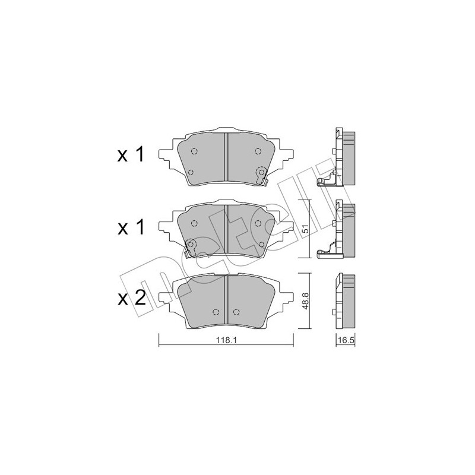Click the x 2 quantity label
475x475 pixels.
[131, 298]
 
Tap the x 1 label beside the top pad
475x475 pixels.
[131, 156]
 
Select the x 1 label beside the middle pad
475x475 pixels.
[131, 227]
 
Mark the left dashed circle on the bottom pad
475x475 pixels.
[216, 312]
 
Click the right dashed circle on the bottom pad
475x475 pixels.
[236, 312]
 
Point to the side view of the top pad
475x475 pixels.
[341, 157]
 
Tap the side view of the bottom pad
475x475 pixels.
[344, 301]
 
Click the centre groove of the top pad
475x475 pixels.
[227, 157]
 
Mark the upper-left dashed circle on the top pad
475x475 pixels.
[195, 151]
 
